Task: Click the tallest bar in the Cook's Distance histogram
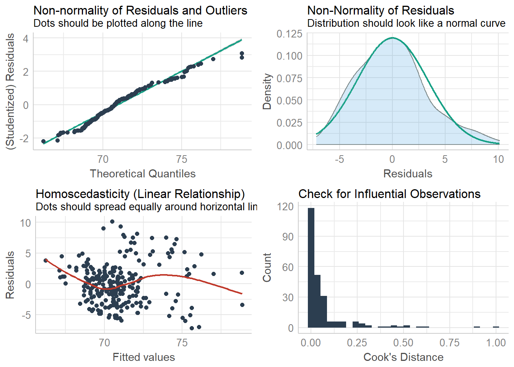(x=311, y=268)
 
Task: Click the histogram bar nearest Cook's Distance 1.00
(x=496, y=327)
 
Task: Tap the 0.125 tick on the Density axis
(x=290, y=34)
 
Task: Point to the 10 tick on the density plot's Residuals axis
(x=498, y=159)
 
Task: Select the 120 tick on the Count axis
(x=285, y=206)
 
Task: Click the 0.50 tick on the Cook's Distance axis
(x=403, y=343)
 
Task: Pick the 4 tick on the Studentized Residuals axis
(x=26, y=39)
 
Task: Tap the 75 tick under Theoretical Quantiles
(x=182, y=159)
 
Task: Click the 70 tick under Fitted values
(x=104, y=343)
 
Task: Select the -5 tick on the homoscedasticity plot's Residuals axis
(x=26, y=315)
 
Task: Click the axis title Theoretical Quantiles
(x=143, y=174)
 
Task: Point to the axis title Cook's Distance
(x=403, y=357)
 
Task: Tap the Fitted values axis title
(x=144, y=357)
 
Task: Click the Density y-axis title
(x=267, y=91)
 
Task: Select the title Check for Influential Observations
(x=389, y=194)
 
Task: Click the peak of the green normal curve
(x=392, y=38)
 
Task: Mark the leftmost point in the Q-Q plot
(x=43, y=141)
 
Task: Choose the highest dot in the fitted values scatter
(x=112, y=221)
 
